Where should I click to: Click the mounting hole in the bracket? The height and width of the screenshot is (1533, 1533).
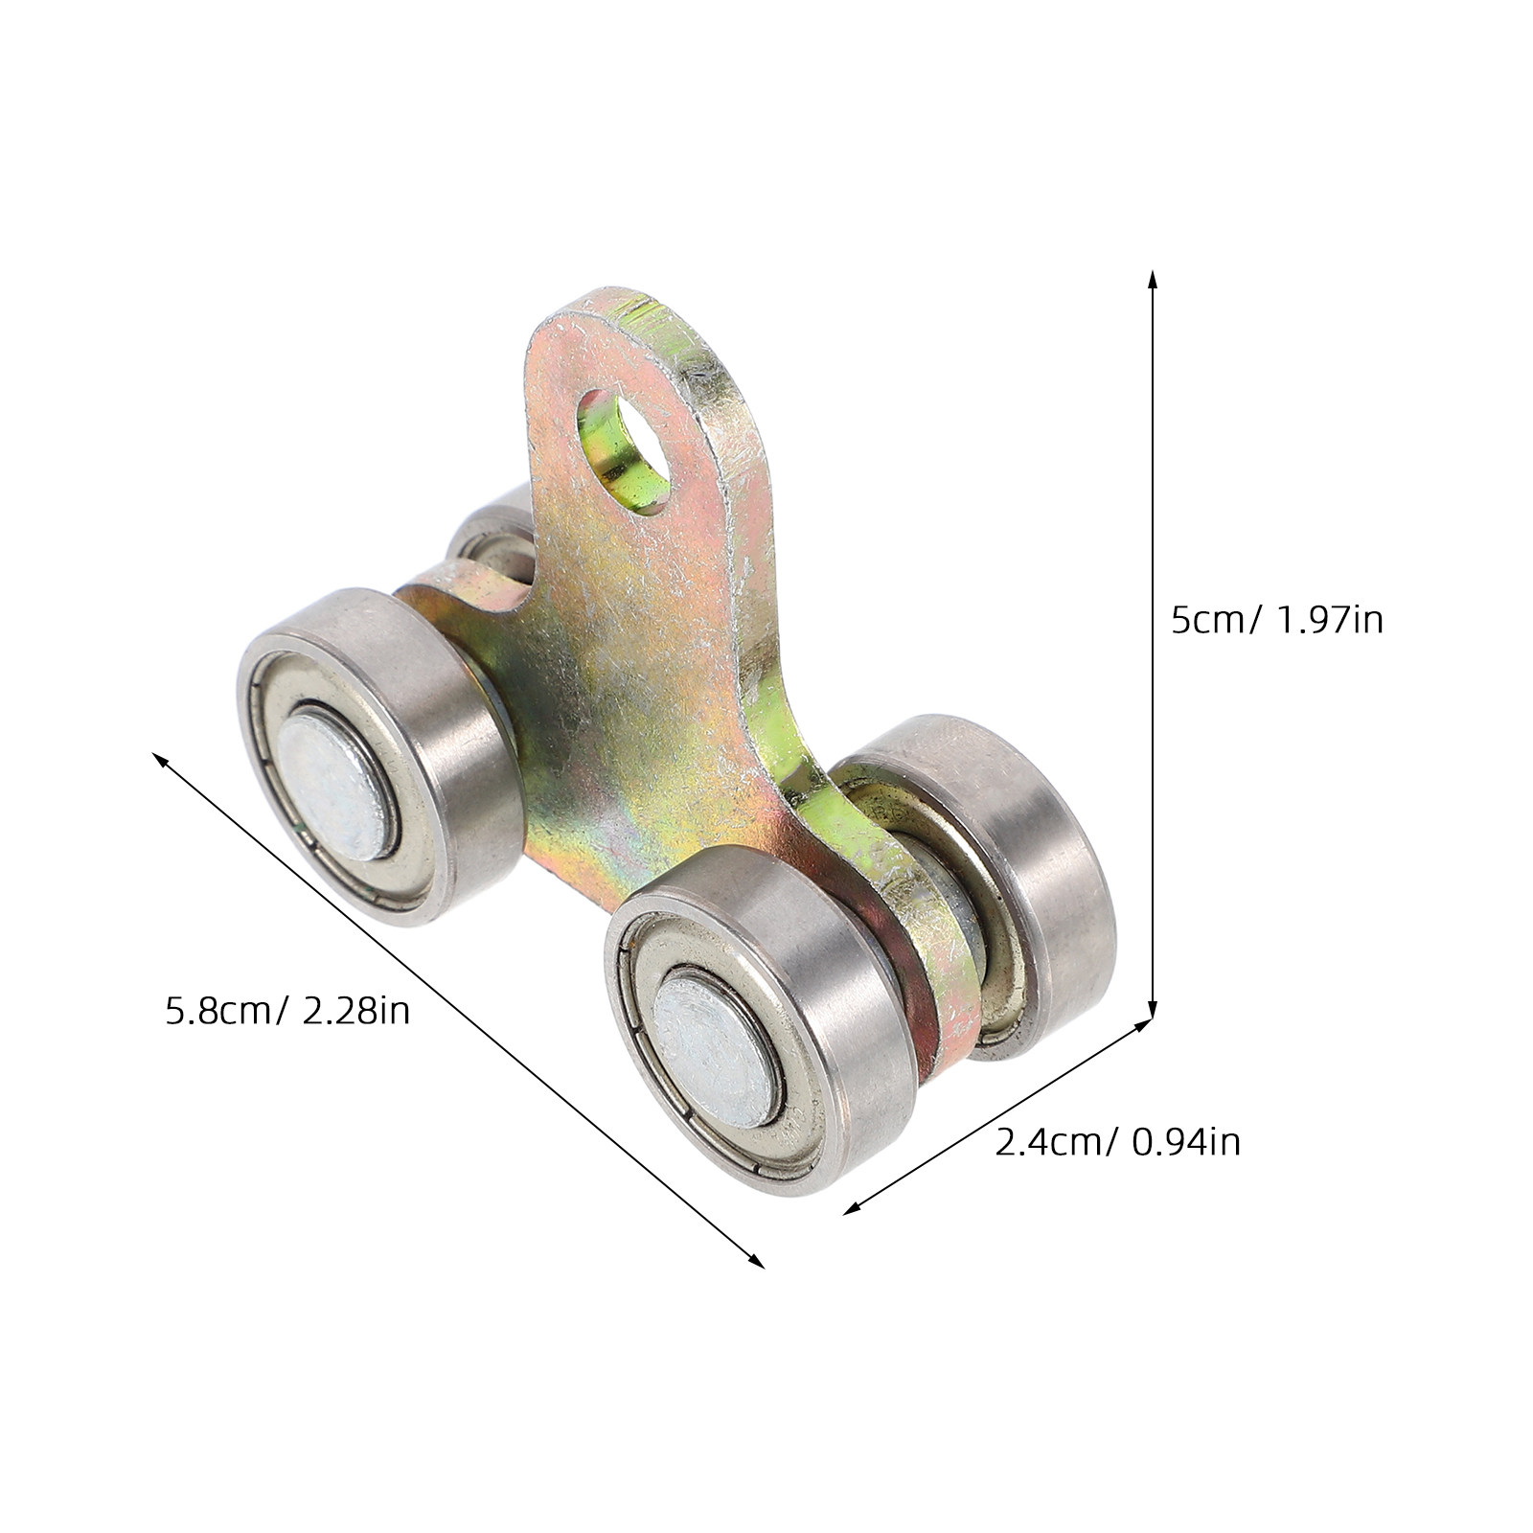[x=627, y=450]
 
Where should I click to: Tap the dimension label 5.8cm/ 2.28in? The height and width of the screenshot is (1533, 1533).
[x=287, y=1011]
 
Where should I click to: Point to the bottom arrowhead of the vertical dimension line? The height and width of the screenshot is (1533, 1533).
[x=1153, y=1014]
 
